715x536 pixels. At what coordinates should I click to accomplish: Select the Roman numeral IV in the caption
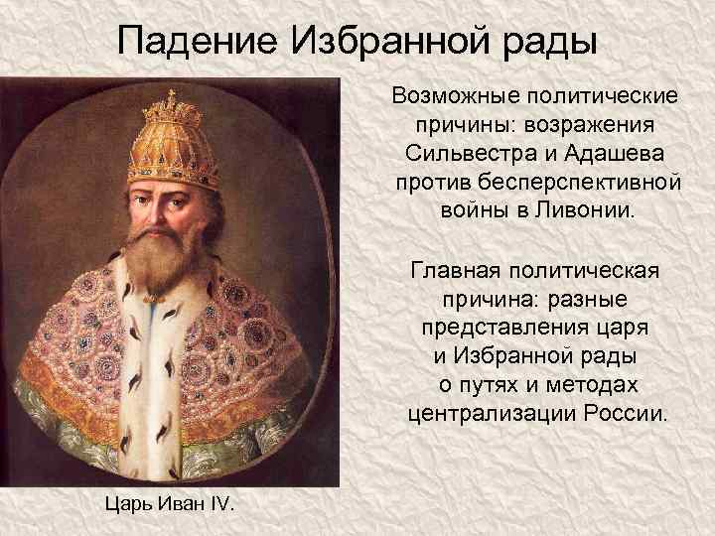tap(219, 505)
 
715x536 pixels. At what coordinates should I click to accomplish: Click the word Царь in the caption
tap(126, 505)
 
